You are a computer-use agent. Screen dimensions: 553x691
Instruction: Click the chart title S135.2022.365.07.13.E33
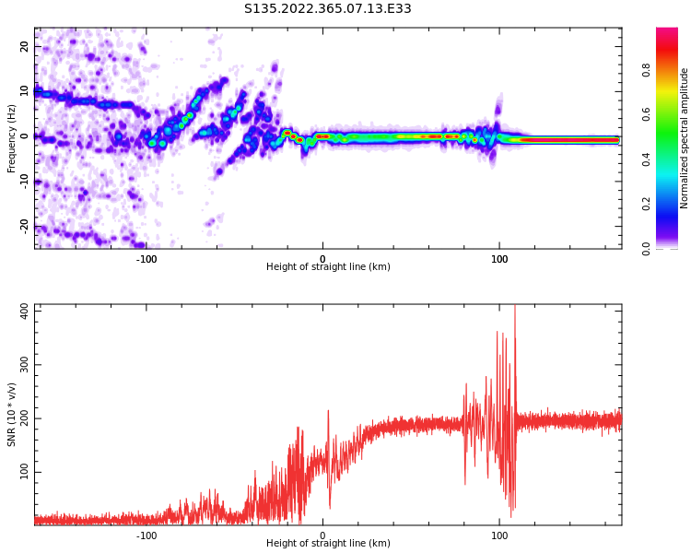tap(327, 9)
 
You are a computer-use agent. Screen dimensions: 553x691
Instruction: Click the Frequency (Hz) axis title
tap(12, 138)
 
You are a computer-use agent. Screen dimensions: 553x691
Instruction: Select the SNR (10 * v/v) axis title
tap(12, 415)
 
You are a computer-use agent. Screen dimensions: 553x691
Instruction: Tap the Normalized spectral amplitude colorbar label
tap(685, 138)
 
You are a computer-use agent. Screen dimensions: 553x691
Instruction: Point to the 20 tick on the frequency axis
tap(25, 46)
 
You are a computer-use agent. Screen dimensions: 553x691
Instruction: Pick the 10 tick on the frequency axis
tap(25, 91)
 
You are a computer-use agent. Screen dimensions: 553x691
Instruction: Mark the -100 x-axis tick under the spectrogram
tap(146, 258)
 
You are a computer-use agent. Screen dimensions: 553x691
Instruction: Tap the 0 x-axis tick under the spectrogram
tap(322, 258)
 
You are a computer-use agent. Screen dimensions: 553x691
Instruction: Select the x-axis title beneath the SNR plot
tap(328, 544)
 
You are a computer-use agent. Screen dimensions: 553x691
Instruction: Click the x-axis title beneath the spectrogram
tap(328, 267)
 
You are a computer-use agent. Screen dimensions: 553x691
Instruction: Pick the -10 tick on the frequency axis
tap(25, 181)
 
